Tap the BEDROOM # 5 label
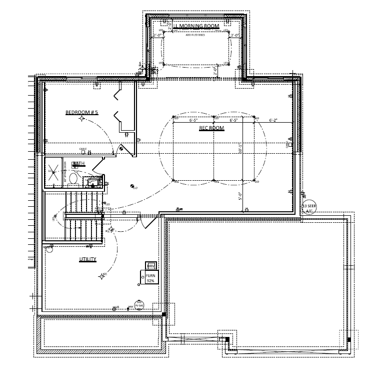(x=81, y=113)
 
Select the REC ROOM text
(x=211, y=128)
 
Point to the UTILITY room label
(x=87, y=259)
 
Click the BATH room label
(x=78, y=164)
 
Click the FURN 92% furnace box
(x=149, y=278)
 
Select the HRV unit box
(x=151, y=265)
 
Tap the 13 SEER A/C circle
(x=309, y=208)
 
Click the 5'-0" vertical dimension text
(x=240, y=196)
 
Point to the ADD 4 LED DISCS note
(x=195, y=35)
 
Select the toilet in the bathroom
(x=72, y=178)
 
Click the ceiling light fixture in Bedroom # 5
(x=81, y=119)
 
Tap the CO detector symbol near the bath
(x=133, y=187)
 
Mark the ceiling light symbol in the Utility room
(x=102, y=276)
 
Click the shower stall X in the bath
(x=54, y=172)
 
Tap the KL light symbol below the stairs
(x=110, y=230)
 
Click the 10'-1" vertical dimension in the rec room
(x=240, y=149)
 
